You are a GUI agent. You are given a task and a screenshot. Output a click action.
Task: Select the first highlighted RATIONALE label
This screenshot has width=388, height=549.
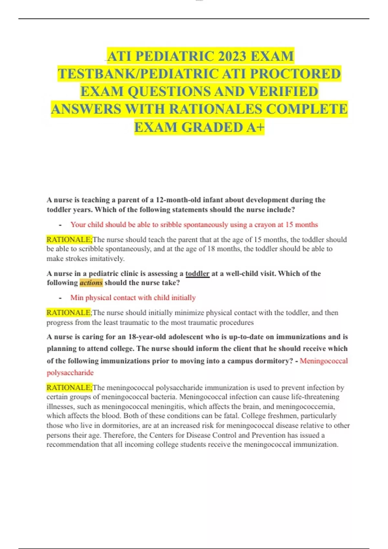(69, 240)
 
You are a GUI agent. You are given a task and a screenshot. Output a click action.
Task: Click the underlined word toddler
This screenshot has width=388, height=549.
(197, 274)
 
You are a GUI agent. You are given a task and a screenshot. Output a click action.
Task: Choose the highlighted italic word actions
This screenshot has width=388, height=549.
(91, 283)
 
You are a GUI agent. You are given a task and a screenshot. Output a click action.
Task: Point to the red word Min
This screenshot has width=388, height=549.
(77, 297)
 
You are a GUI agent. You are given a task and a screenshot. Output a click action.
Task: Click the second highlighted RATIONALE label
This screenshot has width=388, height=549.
(69, 313)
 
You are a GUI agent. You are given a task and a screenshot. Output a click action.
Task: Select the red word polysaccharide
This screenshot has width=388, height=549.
(70, 373)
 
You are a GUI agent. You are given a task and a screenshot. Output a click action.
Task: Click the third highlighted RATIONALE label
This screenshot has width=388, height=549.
(69, 388)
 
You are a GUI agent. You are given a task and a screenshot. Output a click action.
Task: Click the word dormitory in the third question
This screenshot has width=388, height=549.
(273, 361)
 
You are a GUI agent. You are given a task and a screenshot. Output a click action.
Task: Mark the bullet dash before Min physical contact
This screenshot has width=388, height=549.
(60, 298)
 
